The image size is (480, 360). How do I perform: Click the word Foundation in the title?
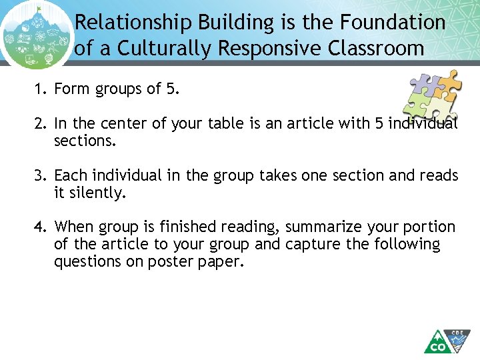pos(393,23)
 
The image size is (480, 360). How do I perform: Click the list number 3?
pos(41,175)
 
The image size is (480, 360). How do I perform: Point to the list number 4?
pos(41,227)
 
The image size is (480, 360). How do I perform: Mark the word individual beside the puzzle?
pos(423,124)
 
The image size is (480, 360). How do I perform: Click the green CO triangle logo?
pos(437,343)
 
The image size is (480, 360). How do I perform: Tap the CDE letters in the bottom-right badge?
pos(458,332)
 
